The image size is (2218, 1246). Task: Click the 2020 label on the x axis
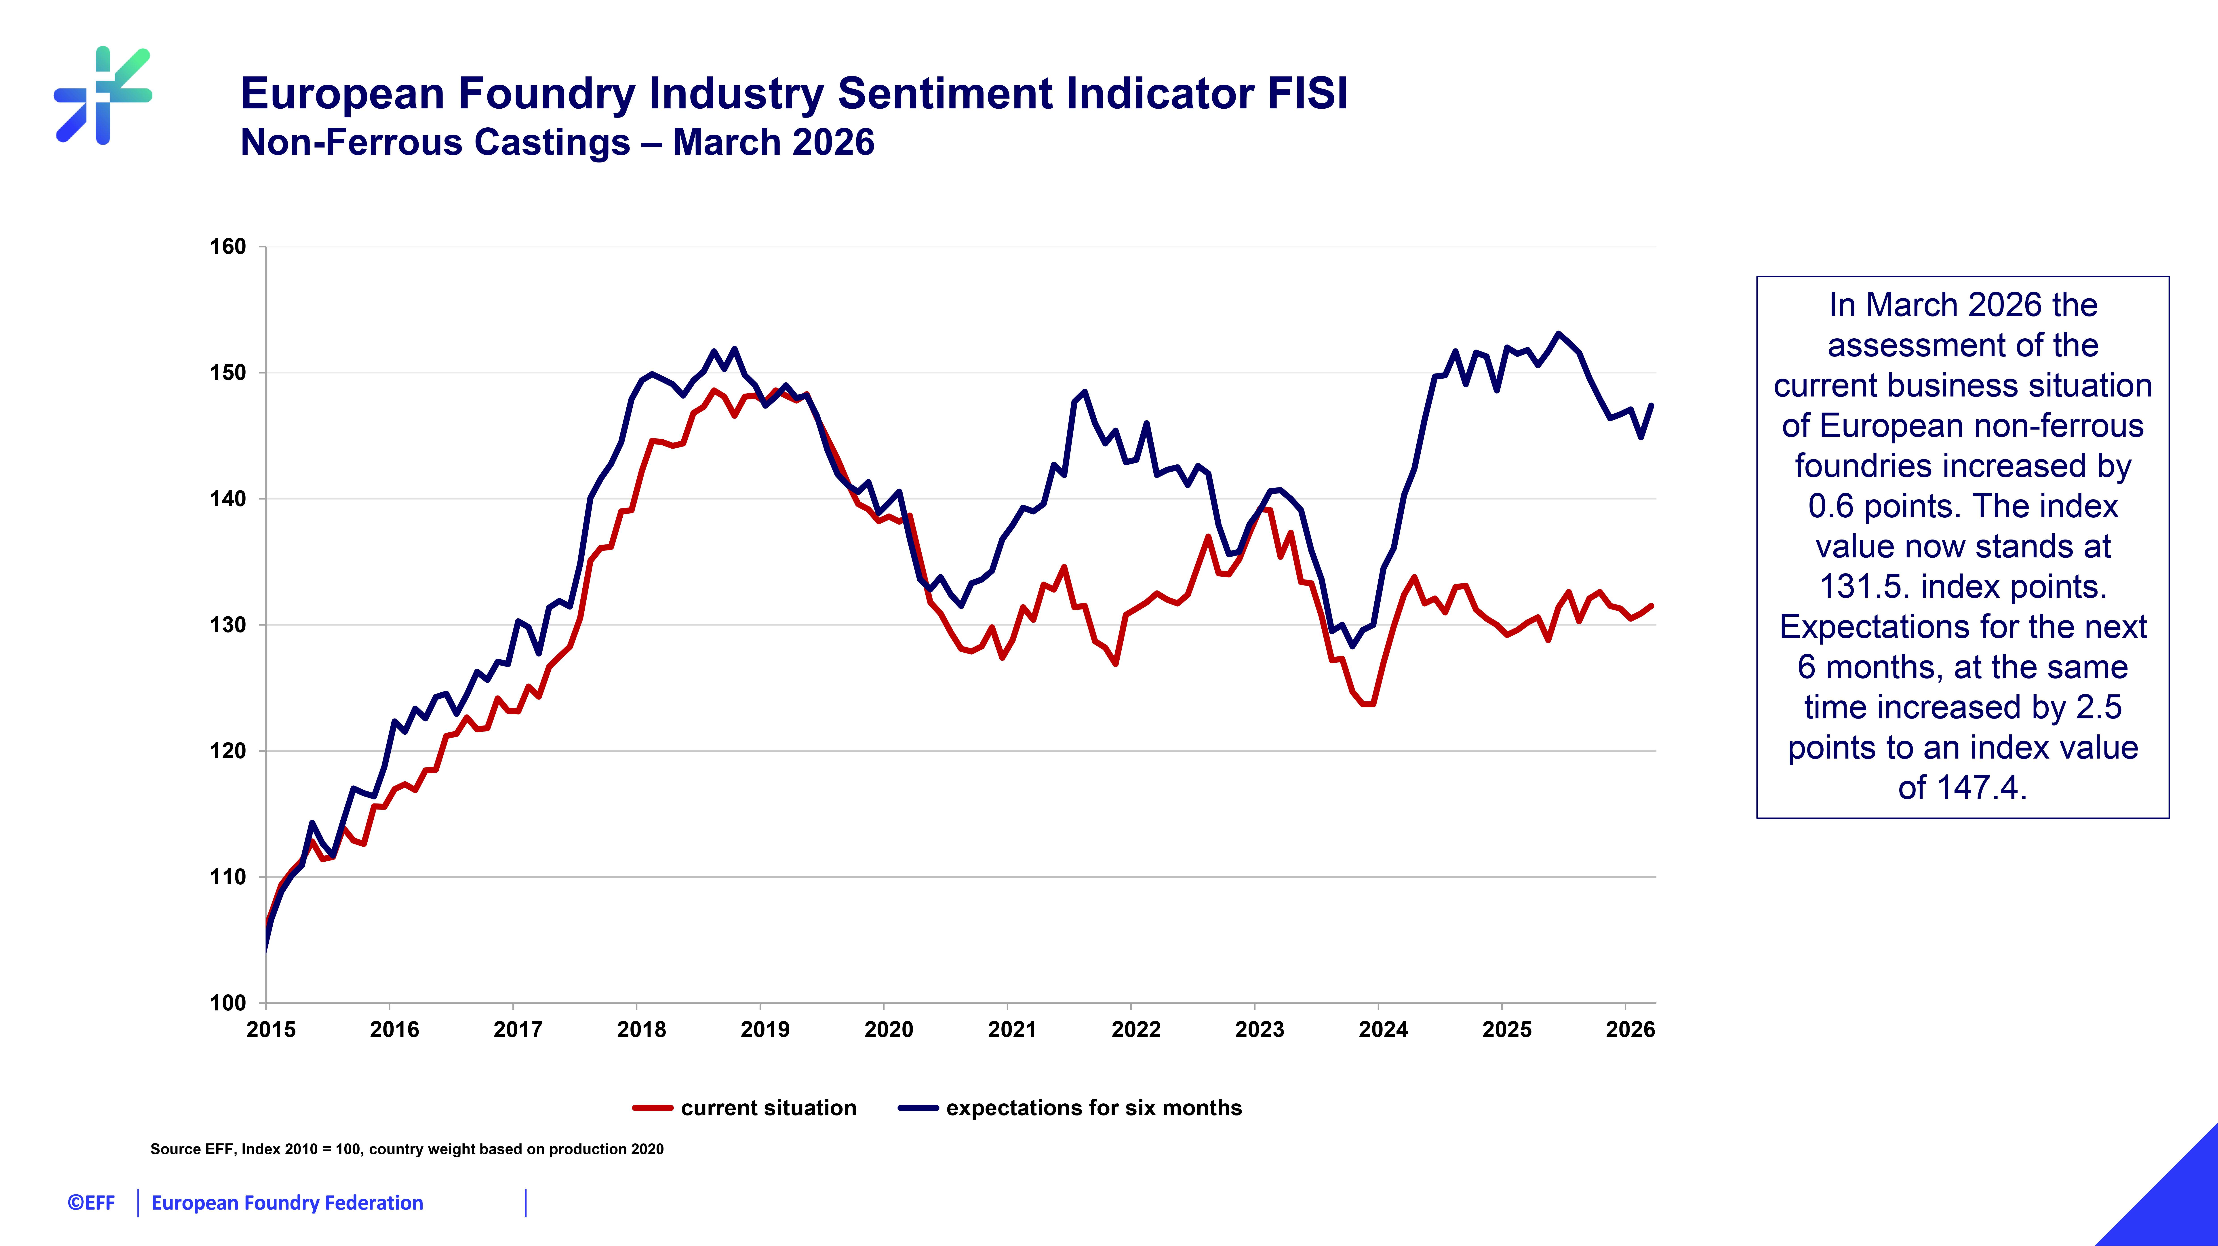tap(889, 1030)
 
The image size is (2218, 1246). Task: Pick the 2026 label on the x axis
tap(1630, 1030)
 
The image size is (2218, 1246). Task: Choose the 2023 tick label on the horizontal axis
tap(1260, 1030)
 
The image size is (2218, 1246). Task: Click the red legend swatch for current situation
tap(652, 1108)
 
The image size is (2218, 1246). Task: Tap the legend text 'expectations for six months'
tap(1093, 1108)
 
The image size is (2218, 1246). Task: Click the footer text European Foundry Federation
tap(287, 1203)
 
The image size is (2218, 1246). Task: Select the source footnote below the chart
tap(407, 1149)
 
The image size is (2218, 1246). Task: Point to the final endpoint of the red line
tap(1651, 606)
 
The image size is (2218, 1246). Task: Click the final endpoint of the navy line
tap(1651, 406)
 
